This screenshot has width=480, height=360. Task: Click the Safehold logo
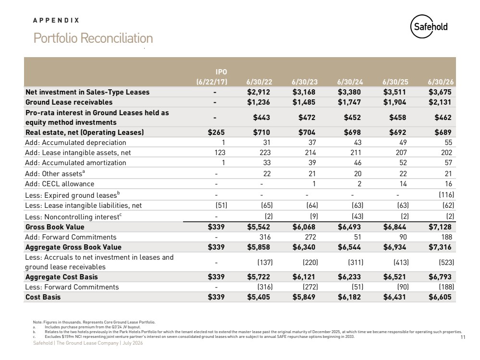(429, 26)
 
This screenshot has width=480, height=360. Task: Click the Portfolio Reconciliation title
(93, 38)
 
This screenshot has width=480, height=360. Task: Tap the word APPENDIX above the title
(56, 20)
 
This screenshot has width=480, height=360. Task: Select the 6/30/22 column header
(259, 82)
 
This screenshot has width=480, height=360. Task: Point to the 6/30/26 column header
(441, 82)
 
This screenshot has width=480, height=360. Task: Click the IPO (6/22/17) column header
(212, 77)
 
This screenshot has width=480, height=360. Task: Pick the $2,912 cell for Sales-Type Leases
(258, 92)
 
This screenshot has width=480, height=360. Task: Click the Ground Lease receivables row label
(69, 102)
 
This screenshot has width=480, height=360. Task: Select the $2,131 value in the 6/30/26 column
(440, 102)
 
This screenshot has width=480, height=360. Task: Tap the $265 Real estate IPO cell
(216, 132)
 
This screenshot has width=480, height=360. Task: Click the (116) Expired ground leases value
(446, 195)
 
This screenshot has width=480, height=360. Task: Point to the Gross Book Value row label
(55, 227)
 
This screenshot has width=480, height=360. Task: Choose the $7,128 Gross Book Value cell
(440, 227)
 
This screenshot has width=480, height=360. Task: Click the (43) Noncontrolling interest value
(357, 216)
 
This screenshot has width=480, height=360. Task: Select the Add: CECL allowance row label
(60, 184)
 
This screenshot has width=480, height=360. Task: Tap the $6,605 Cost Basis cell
(440, 297)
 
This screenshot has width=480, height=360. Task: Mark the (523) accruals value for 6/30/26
(446, 263)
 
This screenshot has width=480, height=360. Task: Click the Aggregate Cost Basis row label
(62, 277)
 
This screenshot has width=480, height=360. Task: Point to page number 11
(463, 337)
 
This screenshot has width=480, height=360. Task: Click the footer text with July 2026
(88, 343)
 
